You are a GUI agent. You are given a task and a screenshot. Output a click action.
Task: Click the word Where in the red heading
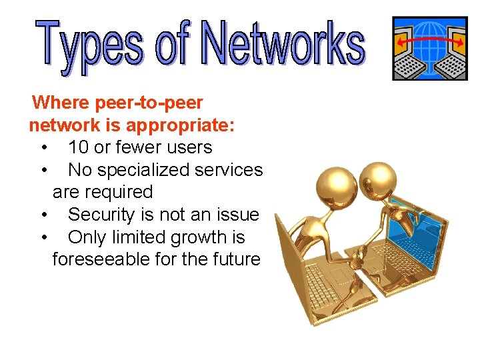61,103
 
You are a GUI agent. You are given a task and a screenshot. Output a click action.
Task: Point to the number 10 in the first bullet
79,147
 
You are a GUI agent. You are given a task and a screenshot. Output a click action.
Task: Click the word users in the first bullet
189,147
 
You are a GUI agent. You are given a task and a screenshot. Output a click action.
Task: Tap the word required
120,192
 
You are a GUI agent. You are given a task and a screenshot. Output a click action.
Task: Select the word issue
237,215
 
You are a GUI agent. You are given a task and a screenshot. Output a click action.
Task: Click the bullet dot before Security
43,215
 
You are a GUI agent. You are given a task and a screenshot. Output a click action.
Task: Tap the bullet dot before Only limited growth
43,238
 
